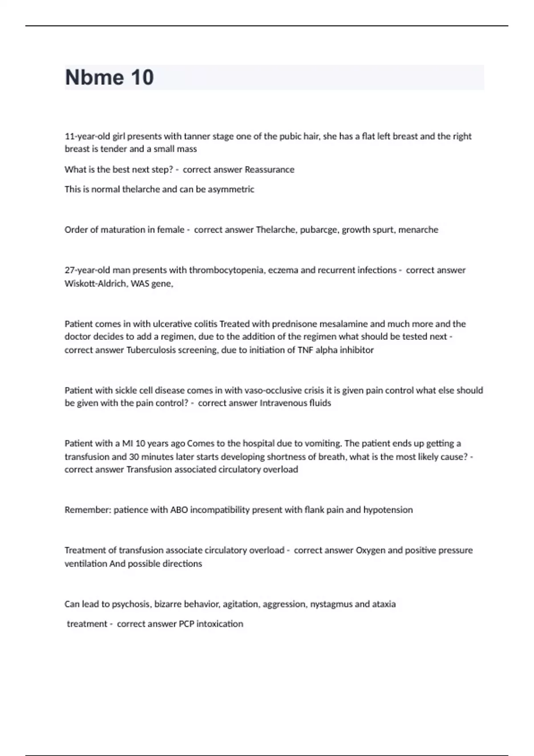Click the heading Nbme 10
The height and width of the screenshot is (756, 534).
(x=109, y=77)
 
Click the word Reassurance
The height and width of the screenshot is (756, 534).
(x=270, y=169)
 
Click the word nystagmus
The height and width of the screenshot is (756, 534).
(x=331, y=604)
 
